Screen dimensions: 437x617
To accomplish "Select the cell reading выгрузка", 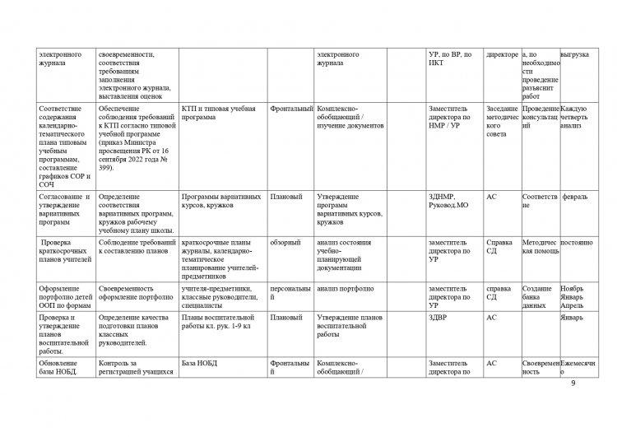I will pyautogui.click(x=574, y=54).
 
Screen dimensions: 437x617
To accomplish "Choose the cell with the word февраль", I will pyautogui.click(x=574, y=198).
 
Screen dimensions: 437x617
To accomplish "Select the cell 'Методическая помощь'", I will pyautogui.click(x=540, y=249).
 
